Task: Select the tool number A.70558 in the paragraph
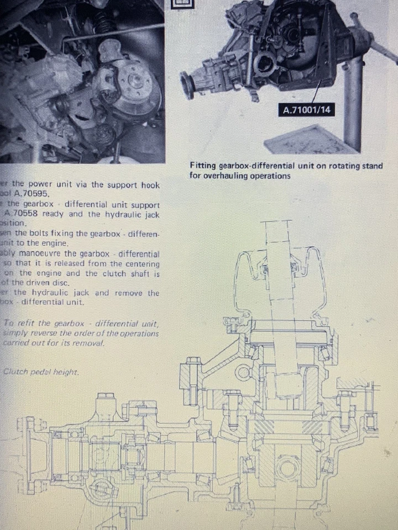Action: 25,214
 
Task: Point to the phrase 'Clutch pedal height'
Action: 41,372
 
